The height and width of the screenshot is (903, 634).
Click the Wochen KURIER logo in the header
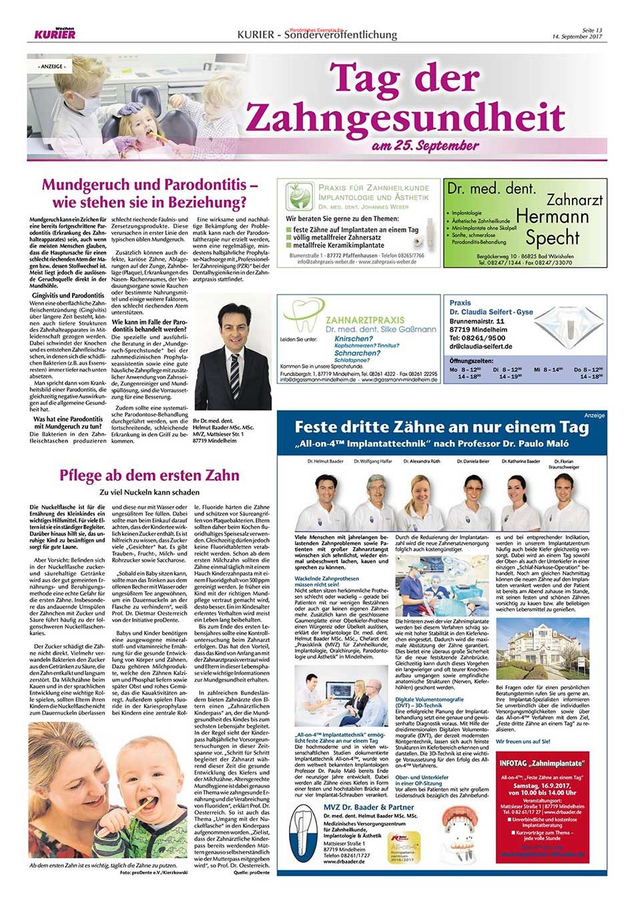coord(55,33)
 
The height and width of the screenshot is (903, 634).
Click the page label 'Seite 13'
coord(591,30)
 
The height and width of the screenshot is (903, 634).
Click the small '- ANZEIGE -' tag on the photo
coord(50,67)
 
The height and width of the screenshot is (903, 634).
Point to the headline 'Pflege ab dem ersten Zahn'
coord(149,476)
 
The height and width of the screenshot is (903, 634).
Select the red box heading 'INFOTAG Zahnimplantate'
coord(543,762)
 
